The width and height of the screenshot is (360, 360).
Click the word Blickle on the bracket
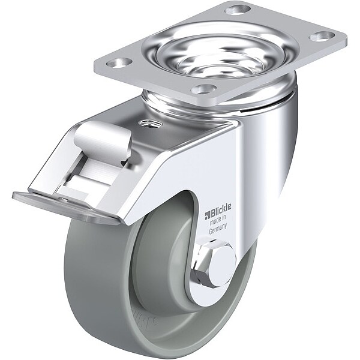(221, 210)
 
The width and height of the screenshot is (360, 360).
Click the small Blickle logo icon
(208, 215)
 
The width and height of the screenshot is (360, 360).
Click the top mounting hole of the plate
(237, 10)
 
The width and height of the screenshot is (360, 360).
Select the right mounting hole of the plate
(322, 36)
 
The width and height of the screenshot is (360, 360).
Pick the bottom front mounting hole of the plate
(204, 88)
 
